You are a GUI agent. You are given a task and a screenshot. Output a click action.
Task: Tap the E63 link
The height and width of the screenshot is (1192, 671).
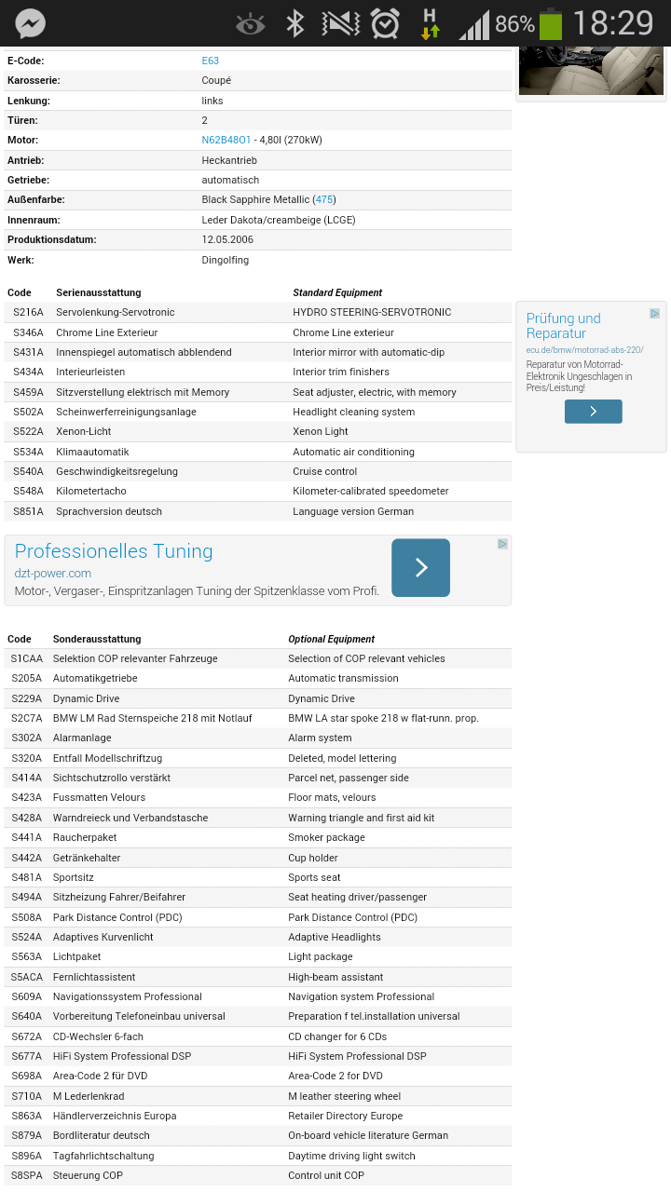point(211,61)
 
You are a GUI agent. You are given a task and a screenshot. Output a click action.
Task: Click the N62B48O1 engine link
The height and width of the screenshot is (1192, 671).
point(226,140)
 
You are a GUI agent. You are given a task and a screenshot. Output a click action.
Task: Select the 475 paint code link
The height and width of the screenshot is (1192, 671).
point(324,199)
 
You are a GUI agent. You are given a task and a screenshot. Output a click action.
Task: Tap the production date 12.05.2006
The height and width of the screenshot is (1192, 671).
point(227,239)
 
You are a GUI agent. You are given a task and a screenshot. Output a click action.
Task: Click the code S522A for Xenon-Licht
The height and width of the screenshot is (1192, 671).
point(28,431)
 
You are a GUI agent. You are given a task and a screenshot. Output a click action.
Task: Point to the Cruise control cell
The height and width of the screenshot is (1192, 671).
point(324,471)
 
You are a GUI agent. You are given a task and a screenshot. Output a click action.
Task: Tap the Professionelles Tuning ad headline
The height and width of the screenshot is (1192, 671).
point(114,551)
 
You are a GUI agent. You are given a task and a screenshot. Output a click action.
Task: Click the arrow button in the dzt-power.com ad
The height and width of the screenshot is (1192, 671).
point(420,567)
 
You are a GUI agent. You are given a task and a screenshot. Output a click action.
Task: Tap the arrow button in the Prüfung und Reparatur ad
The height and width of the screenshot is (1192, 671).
point(593,411)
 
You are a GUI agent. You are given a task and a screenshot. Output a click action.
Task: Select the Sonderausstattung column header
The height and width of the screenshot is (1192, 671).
point(97,639)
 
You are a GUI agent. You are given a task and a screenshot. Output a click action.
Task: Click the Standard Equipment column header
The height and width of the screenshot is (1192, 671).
point(337,292)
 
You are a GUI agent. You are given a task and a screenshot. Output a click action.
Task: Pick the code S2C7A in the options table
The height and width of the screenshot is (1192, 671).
point(27,718)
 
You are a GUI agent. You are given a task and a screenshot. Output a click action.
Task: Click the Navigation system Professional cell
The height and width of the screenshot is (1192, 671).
point(361,996)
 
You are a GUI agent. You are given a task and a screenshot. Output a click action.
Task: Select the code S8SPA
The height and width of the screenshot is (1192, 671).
point(27,1175)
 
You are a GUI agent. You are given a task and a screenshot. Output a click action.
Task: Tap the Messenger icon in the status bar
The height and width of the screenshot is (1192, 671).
point(31,23)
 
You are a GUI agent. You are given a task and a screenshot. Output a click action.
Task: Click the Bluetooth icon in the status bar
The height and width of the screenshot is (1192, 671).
point(295,23)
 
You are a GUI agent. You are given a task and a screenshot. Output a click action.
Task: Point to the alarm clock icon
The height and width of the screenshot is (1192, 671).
point(385,23)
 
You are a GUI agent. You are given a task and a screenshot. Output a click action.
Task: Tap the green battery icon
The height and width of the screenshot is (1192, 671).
point(551,23)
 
